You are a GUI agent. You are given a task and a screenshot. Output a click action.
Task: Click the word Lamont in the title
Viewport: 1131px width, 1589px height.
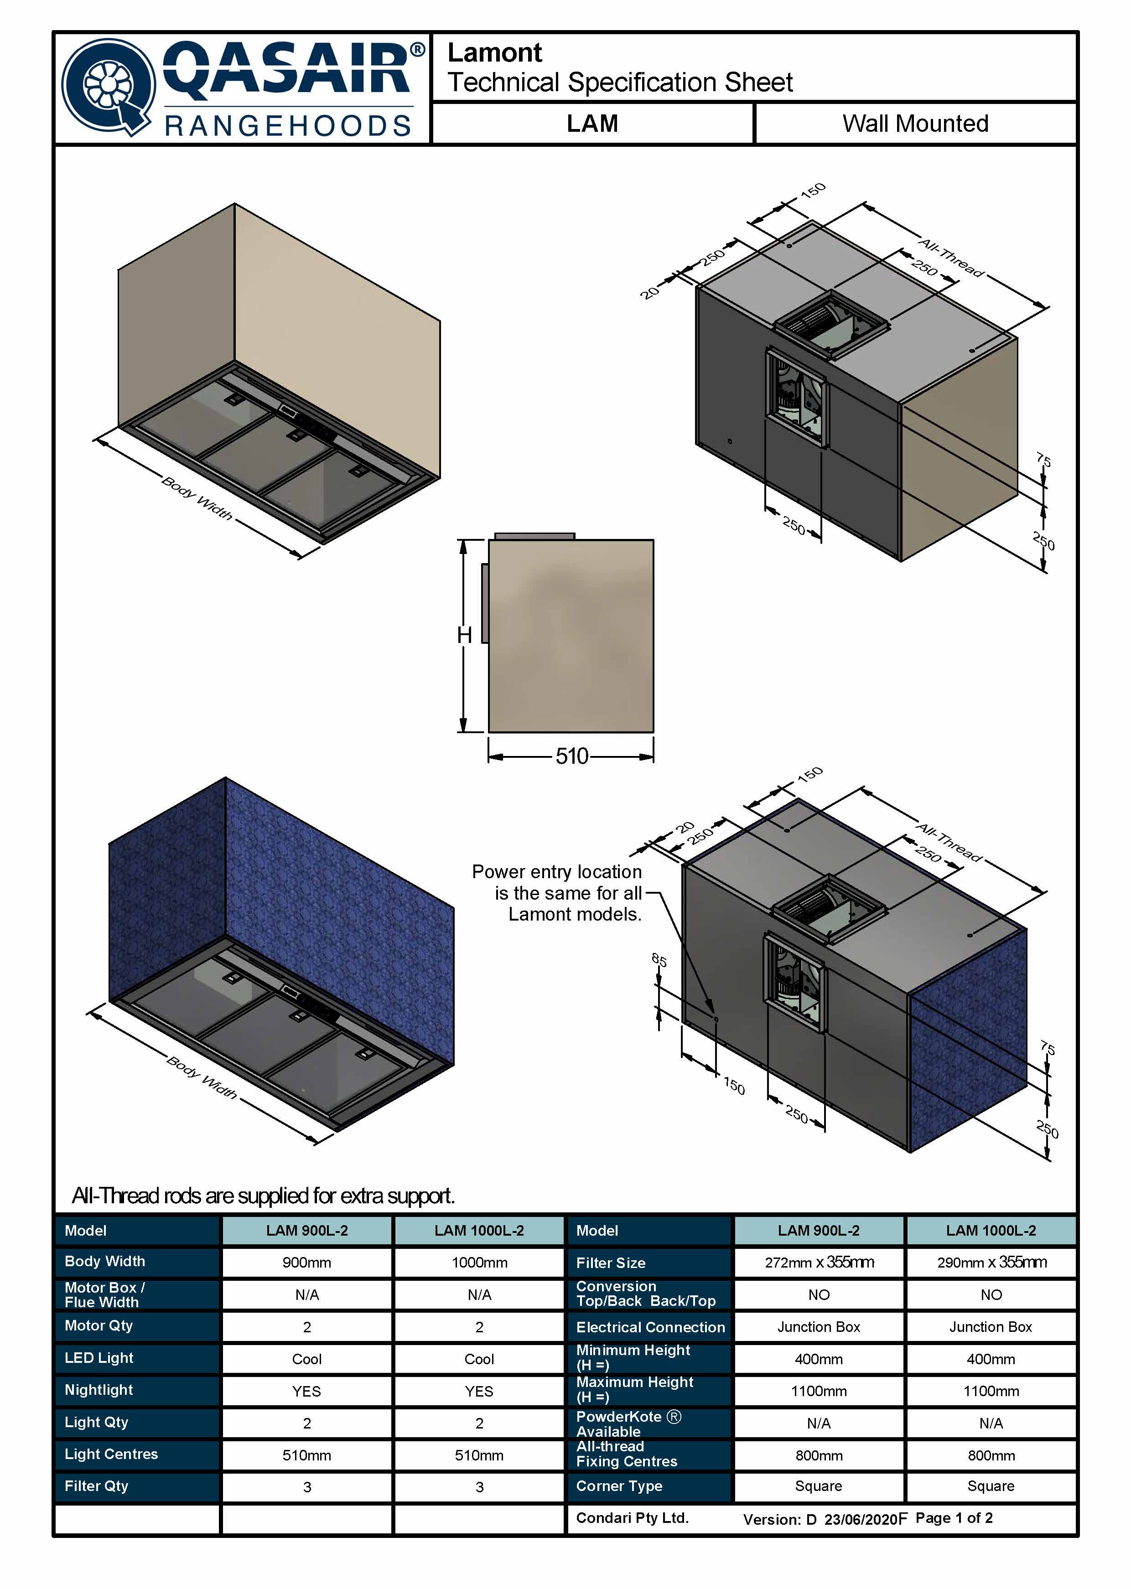(494, 53)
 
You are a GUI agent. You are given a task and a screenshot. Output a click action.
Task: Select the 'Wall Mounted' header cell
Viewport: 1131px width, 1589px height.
(915, 123)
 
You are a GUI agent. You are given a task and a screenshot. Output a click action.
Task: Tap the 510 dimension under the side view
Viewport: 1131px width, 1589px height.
(572, 756)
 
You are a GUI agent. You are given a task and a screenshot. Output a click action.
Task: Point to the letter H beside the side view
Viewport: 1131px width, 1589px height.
(465, 635)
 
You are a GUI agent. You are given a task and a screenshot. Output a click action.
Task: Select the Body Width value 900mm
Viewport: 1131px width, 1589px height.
(306, 1263)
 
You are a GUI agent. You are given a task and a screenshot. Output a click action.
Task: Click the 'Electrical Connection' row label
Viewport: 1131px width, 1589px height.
(650, 1327)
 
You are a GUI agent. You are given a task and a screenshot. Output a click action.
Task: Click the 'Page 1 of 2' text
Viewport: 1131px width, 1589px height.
(954, 1517)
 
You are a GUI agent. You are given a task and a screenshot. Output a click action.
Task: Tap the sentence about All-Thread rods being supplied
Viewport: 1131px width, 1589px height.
(263, 1196)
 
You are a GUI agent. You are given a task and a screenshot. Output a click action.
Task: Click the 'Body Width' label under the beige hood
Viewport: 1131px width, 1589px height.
(197, 497)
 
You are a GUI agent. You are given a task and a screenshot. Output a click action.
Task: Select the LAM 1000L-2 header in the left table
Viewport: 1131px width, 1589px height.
(479, 1231)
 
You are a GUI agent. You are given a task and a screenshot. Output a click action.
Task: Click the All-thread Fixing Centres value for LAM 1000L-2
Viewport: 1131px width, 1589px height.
(991, 1455)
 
